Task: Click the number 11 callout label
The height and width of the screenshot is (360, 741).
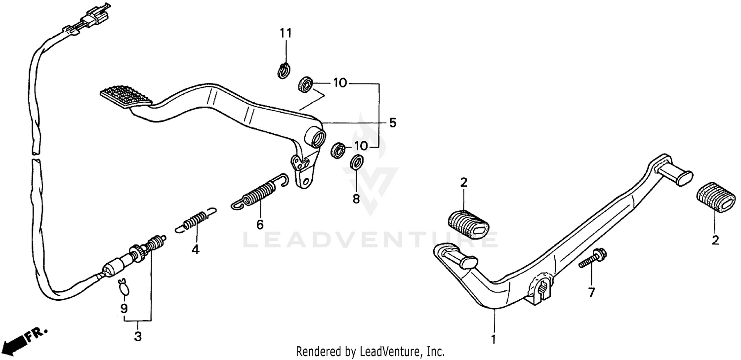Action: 286,34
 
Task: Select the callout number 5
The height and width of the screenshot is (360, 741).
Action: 392,123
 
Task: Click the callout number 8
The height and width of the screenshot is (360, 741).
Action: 356,199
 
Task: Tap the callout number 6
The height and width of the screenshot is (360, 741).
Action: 260,225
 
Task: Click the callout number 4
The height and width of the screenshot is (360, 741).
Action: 196,250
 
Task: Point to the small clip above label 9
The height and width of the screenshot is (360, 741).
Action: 123,286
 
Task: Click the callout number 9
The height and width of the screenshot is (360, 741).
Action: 124,309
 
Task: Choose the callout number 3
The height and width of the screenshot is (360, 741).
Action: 138,337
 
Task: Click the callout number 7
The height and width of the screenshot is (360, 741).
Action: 591,293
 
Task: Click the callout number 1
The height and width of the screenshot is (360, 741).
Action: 492,339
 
